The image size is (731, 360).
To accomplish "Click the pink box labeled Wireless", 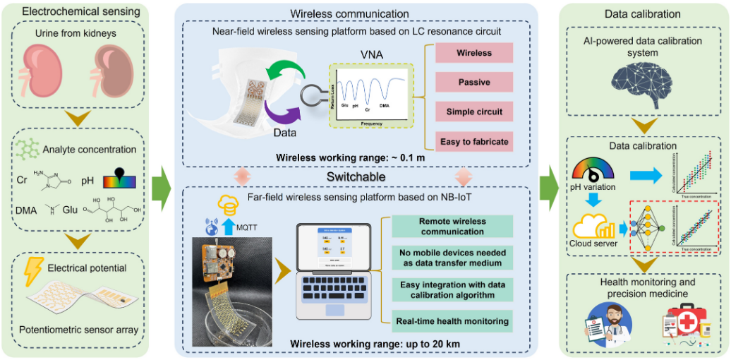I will coord(473,53).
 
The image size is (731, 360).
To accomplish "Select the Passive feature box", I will coord(473,83).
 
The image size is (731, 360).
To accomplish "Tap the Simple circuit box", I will coord(473,112).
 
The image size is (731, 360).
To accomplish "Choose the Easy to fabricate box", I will coord(473,142).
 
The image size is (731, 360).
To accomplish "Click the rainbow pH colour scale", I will coord(118,182).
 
